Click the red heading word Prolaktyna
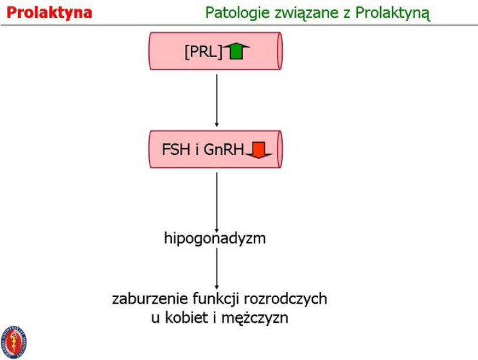pyautogui.click(x=49, y=12)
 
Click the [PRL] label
pyautogui.click(x=202, y=52)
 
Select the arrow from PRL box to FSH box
pyautogui.click(x=217, y=99)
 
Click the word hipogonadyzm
pyautogui.click(x=215, y=239)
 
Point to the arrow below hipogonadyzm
pyautogui.click(x=217, y=269)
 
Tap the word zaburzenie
pyautogui.click(x=149, y=298)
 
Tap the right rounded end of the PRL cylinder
pyautogui.click(x=278, y=51)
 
